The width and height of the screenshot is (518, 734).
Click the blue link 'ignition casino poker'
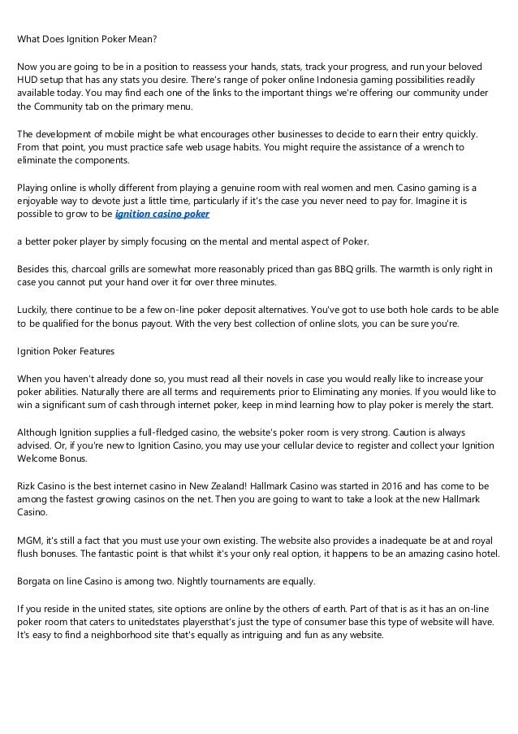tap(162, 214)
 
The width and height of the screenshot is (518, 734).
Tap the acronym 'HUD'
tap(28, 80)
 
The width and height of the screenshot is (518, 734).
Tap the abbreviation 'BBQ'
tap(374, 266)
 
